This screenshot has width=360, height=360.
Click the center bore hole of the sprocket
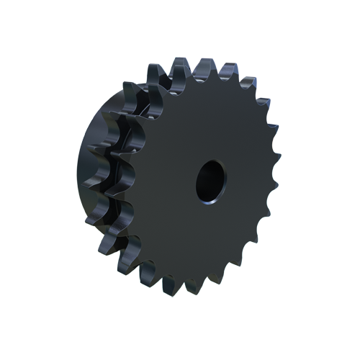(x=210, y=179)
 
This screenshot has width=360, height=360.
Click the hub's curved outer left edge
(x=78, y=173)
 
